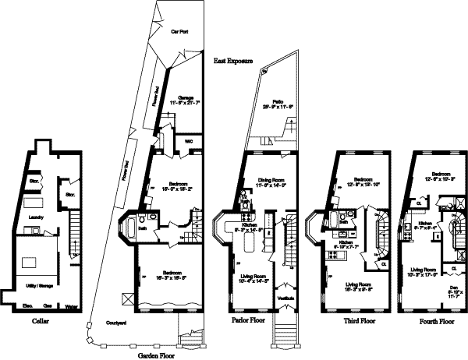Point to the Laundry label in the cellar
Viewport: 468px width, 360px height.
tap(35, 217)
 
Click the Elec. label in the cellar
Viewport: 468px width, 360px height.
tap(26, 305)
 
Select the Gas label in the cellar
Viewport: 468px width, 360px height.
tap(48, 305)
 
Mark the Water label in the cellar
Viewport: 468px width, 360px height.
tap(71, 305)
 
